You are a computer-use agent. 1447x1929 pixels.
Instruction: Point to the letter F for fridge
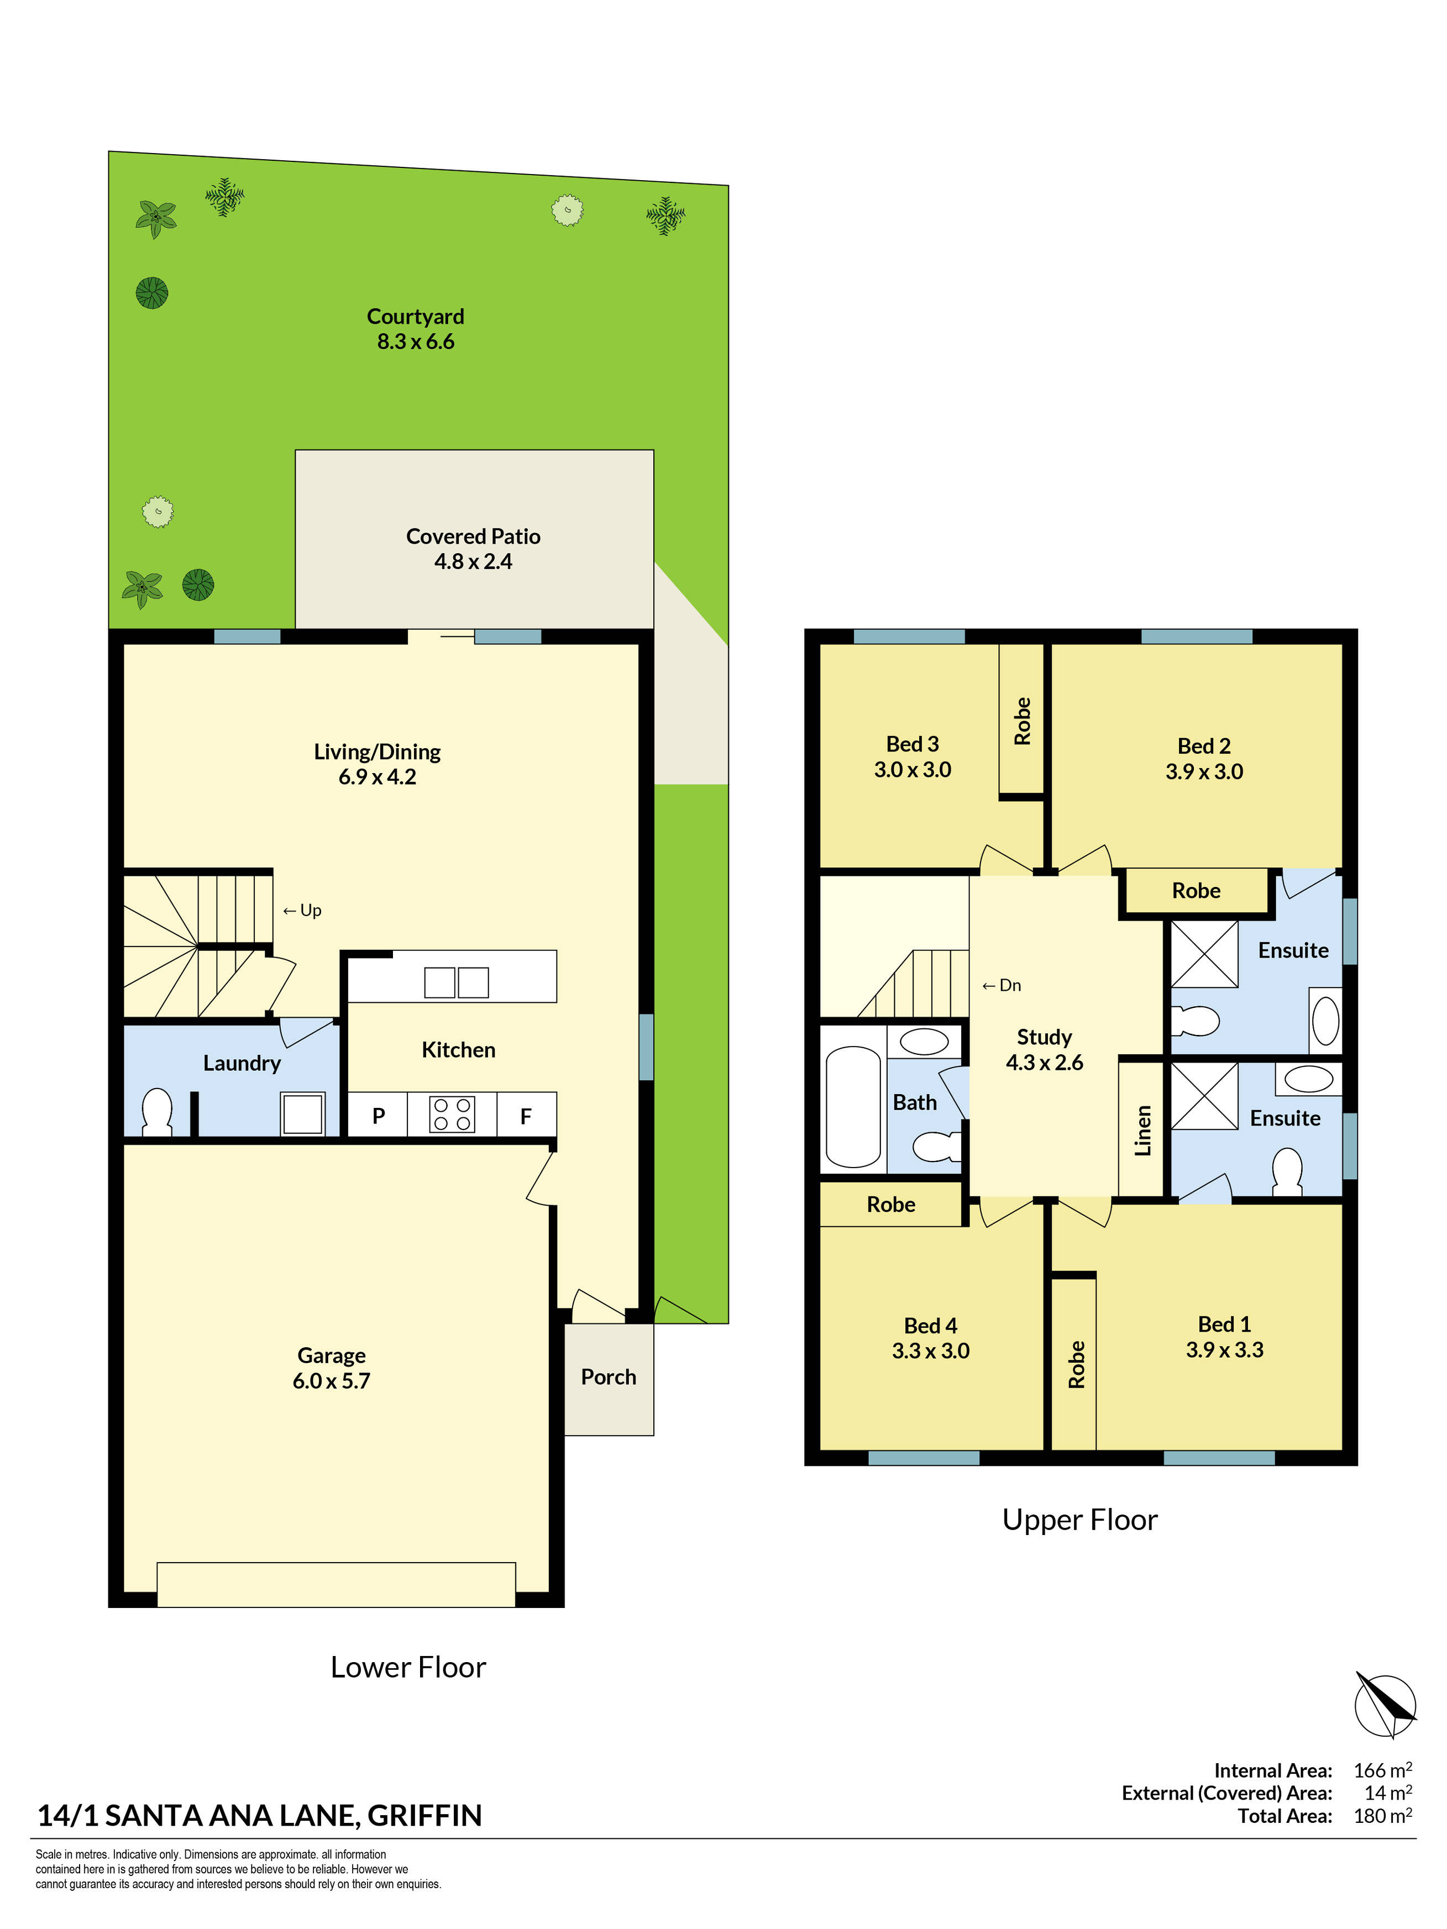point(526,1116)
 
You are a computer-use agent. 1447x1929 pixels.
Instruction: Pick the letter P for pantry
point(379,1116)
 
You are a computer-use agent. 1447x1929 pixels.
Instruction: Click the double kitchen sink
point(456,982)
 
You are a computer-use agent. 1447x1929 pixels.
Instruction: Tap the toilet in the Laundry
point(157,1112)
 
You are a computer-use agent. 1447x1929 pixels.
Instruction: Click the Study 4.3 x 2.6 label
point(1044,1049)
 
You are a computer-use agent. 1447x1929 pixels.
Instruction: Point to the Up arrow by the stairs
point(302,910)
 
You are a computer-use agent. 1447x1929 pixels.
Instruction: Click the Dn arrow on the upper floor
point(1002,985)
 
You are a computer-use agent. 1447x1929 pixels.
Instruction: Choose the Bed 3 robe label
point(1022,721)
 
